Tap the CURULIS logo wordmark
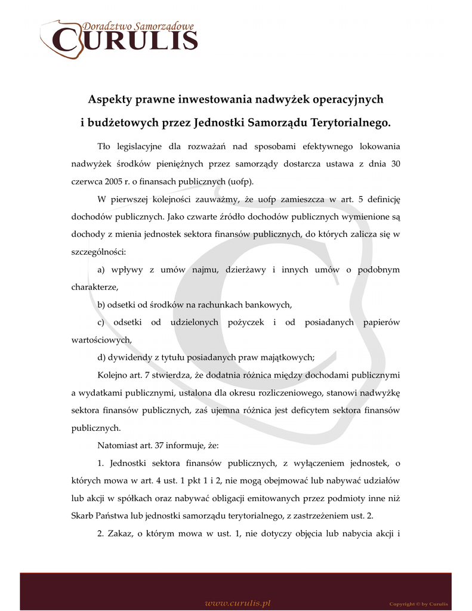(x=125, y=40)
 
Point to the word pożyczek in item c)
(x=242, y=322)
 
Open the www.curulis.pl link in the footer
(x=238, y=603)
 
